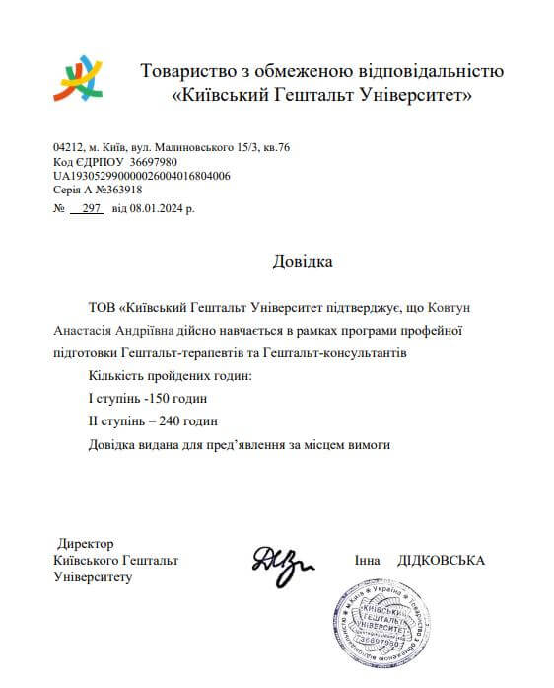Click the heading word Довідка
303,262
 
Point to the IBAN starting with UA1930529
141,176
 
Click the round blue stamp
383,626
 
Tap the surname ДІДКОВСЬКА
441,560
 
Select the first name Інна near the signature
369,560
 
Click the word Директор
86,544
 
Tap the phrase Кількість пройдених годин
156,376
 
